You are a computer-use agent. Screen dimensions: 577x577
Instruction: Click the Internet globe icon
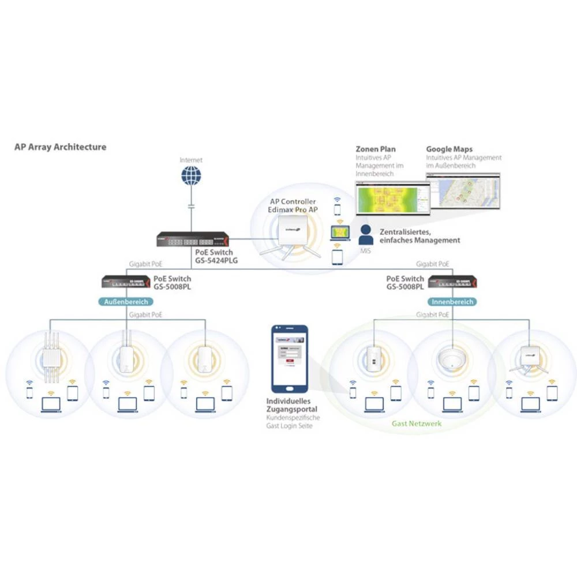(x=190, y=175)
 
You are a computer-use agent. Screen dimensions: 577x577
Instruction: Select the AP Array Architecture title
(x=60, y=147)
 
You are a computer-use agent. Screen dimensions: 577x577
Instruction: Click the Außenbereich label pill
(x=126, y=302)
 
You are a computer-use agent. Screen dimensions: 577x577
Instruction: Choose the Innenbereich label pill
(x=452, y=302)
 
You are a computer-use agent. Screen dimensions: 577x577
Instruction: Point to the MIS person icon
(x=365, y=235)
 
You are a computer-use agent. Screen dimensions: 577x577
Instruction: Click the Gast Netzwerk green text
(x=417, y=424)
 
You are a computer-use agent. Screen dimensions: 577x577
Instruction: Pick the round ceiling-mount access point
(x=451, y=358)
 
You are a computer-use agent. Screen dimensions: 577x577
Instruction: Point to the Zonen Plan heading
(x=376, y=149)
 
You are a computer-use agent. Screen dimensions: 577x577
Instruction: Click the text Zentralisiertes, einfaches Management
(x=419, y=236)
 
